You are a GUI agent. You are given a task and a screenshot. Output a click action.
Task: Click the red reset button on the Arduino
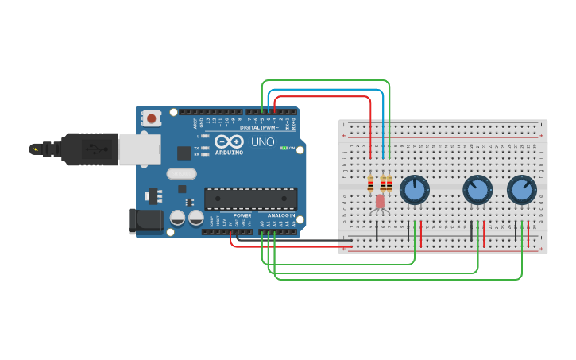(150, 118)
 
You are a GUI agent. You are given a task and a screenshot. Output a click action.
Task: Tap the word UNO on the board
(263, 142)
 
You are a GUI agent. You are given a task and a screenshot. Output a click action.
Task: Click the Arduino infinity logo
(229, 141)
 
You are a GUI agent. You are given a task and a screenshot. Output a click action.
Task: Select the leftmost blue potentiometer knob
(414, 190)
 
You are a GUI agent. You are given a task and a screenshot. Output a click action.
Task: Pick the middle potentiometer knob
(477, 190)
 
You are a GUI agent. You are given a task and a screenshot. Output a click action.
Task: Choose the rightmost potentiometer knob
(521, 190)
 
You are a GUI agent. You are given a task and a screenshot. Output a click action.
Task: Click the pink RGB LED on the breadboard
(380, 201)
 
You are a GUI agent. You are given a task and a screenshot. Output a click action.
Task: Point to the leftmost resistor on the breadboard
(370, 184)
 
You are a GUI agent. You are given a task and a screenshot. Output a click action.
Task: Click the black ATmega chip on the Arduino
(251, 199)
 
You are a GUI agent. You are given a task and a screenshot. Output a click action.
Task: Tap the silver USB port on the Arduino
(139, 149)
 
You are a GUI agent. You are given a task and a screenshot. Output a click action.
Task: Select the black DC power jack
(146, 222)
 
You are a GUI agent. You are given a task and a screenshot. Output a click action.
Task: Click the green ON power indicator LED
(284, 149)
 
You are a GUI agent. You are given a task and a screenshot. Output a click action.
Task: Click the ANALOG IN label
(280, 215)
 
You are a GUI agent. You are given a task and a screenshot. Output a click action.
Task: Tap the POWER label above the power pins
(242, 215)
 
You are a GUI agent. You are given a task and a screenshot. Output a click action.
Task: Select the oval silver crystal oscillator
(181, 174)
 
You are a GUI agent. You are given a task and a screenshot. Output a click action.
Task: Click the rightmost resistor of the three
(389, 184)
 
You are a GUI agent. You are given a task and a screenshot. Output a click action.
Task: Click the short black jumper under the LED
(377, 230)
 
